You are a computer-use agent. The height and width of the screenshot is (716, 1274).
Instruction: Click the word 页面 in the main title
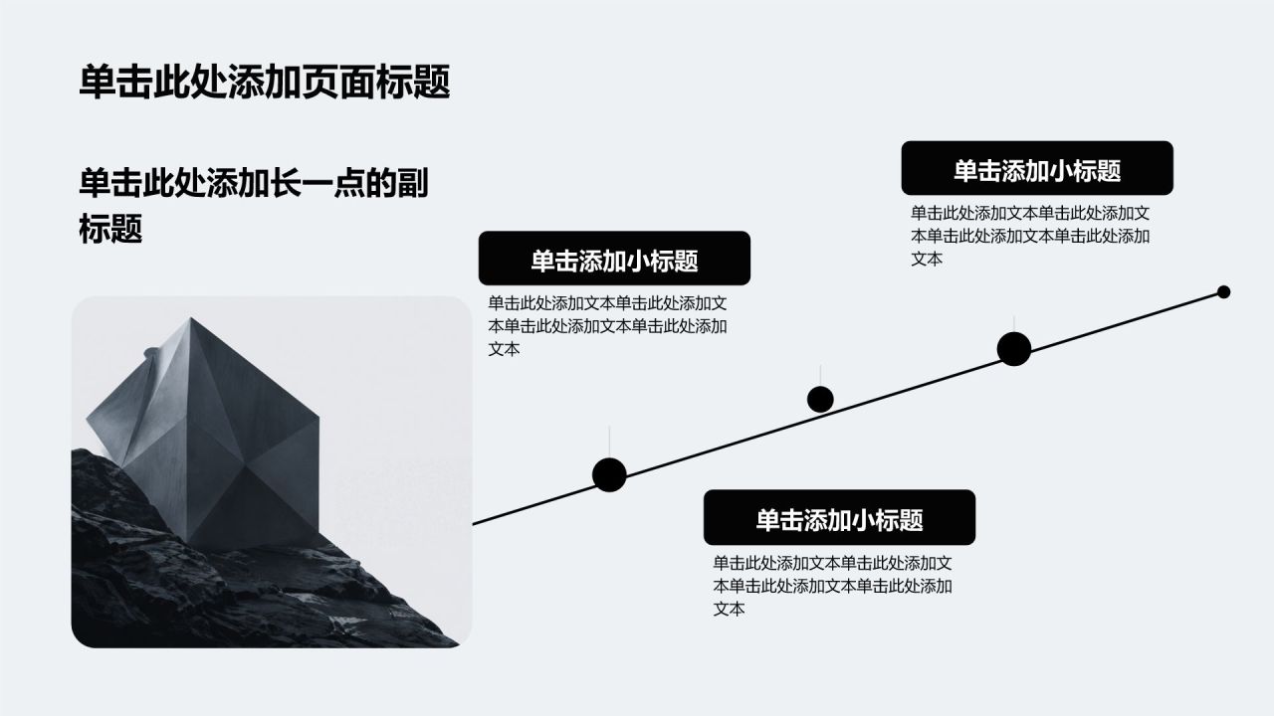tap(338, 83)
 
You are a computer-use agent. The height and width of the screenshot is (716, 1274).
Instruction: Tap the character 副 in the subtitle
tap(412, 183)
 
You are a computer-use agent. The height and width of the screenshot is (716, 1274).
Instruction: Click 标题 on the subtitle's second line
tap(110, 229)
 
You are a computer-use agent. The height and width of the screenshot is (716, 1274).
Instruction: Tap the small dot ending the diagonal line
tap(1223, 292)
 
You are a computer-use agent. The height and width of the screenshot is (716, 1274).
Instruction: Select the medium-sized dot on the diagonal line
tap(820, 400)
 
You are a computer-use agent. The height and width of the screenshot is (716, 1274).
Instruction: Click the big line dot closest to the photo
tap(609, 474)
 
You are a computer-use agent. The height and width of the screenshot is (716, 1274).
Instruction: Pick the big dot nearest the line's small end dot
tap(1014, 349)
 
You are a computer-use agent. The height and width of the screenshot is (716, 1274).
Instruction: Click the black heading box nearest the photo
tap(614, 258)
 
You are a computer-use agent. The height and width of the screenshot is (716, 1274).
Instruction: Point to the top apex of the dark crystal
tap(190, 318)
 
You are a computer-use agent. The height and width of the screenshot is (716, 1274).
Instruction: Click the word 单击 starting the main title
tap(115, 83)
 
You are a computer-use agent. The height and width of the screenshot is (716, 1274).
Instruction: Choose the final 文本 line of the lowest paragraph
tap(730, 610)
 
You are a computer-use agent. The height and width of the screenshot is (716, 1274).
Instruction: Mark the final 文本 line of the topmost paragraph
tap(927, 260)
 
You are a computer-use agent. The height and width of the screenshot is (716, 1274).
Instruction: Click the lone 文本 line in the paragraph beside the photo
tap(504, 349)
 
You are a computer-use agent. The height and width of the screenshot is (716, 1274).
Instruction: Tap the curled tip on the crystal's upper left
tap(150, 352)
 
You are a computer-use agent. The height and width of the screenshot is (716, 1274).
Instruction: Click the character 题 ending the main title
tap(432, 83)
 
